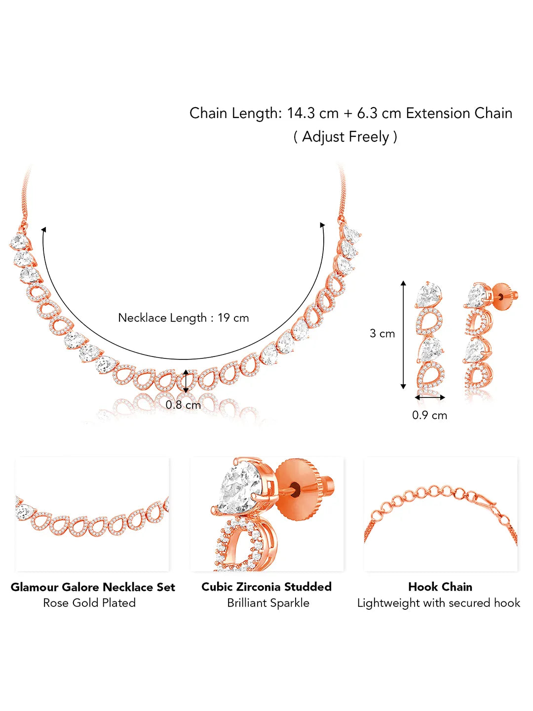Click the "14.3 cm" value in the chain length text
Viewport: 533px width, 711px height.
coord(312,113)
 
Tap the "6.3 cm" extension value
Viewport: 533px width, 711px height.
coord(379,113)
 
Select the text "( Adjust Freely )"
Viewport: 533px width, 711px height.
coord(345,136)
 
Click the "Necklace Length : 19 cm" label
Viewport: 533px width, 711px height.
coord(183,317)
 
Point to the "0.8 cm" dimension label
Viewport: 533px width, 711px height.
coord(183,405)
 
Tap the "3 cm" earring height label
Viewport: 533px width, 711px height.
coord(382,333)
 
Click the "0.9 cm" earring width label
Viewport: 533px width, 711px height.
coord(429,415)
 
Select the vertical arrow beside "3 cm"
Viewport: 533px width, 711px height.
coord(403,335)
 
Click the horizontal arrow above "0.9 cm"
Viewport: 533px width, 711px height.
coord(430,397)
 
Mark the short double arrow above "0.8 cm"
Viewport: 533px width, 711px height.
coord(186,381)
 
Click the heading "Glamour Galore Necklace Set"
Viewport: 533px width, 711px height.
coord(93,587)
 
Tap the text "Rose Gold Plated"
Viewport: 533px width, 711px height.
coord(89,603)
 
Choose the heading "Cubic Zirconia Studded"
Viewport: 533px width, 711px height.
coord(266,587)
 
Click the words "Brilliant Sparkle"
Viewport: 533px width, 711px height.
coord(268,603)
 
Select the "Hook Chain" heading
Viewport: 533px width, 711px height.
coord(440,587)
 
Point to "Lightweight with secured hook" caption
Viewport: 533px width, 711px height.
coord(439,603)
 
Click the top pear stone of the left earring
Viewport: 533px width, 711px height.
coord(427,296)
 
